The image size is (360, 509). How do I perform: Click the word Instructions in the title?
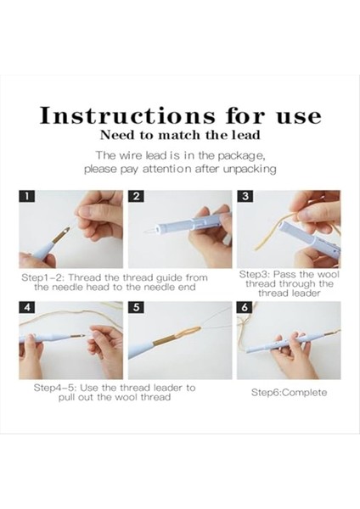pos(127,115)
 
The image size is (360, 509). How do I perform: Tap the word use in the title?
pos(299,117)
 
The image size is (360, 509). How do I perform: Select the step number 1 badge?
pos(27,196)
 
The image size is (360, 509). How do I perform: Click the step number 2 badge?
pos(136,196)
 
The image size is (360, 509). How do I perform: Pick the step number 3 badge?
pos(245,196)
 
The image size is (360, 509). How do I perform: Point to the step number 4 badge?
pos(27,307)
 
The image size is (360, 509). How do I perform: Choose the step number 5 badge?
pos(136,307)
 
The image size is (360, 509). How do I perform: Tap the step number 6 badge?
pos(245,307)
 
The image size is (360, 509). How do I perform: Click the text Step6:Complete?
pos(290,393)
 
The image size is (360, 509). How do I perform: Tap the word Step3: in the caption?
pos(255,275)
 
